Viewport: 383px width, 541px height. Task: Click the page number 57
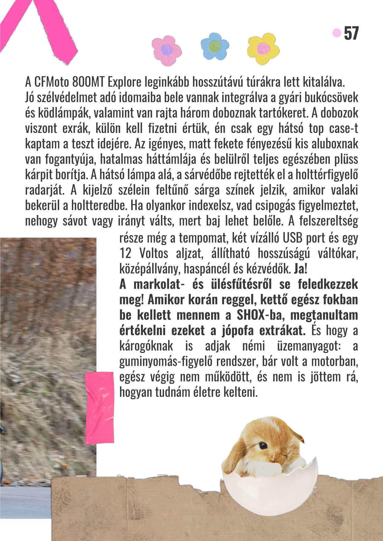click(351, 33)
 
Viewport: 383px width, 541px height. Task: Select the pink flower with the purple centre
click(167, 50)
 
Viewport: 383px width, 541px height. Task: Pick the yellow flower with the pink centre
click(263, 48)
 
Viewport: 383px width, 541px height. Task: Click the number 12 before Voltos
click(125, 254)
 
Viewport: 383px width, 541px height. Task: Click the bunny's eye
click(263, 445)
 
